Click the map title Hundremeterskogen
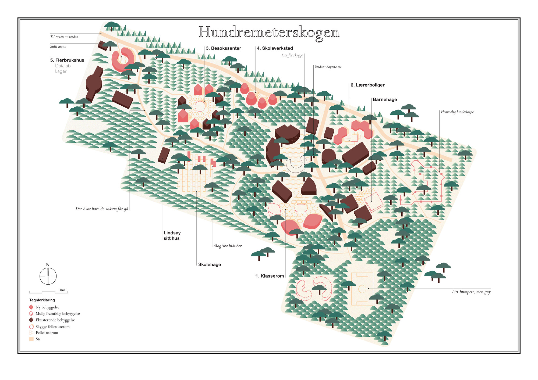[x=269, y=33]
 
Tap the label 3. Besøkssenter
[x=223, y=48]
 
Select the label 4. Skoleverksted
[x=275, y=48]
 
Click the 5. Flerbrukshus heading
[x=67, y=60]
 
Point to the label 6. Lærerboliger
[x=367, y=85]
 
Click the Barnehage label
[x=385, y=100]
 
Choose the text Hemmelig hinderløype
[x=457, y=112]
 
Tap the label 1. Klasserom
[x=270, y=276]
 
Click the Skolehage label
[x=210, y=264]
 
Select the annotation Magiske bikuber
[x=228, y=246]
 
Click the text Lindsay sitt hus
[x=172, y=236]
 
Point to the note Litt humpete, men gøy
[x=471, y=292]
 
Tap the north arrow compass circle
[x=48, y=276]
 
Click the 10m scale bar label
[x=62, y=290]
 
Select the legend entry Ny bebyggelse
[x=47, y=307]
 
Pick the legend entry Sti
[x=38, y=339]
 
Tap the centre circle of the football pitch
[x=362, y=289]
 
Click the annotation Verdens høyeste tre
[x=328, y=67]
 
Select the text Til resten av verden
[x=64, y=37]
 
